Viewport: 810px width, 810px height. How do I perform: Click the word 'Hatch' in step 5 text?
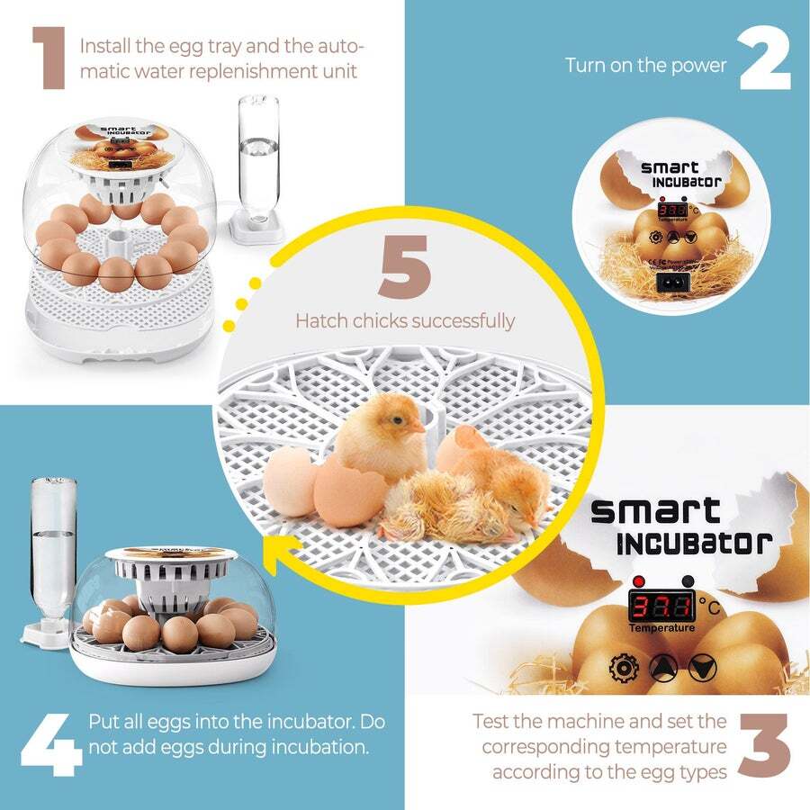(320, 320)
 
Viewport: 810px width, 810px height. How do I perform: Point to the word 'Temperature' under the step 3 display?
(661, 627)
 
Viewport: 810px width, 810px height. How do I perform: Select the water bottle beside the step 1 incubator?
(254, 162)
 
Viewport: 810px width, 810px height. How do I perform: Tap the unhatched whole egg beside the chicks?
(291, 481)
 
